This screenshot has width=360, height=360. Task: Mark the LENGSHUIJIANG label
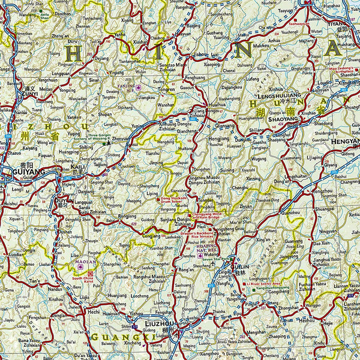tap(278, 95)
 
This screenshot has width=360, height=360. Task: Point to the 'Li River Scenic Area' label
tap(268, 283)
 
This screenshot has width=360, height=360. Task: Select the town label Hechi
tap(93, 312)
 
